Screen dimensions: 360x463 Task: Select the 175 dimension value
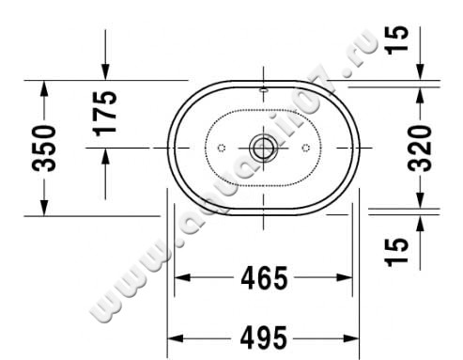pos(104,114)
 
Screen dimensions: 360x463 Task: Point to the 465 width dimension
pos(264,278)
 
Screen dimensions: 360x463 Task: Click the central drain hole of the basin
pos(263,148)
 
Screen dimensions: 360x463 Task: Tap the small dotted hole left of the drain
pos(221,148)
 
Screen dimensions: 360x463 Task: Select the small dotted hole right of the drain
pos(306,148)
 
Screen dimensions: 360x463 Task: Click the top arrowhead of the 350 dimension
pos(43,87)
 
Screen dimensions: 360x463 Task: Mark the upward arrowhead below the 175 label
pos(104,156)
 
